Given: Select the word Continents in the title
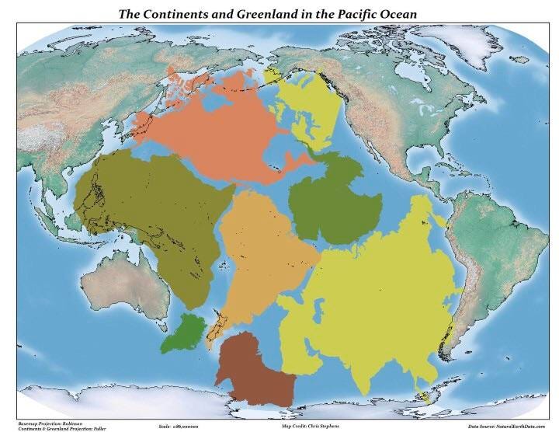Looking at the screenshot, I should click(x=185, y=14).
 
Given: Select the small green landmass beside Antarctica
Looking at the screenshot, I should click(x=185, y=332).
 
